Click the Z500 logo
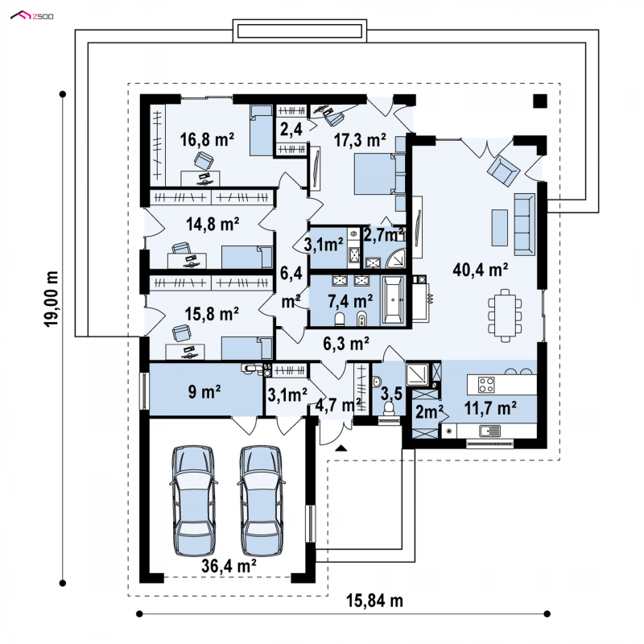click(x=31, y=16)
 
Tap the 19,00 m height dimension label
click(x=52, y=299)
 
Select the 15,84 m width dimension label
click(x=374, y=601)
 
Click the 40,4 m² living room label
click(x=480, y=270)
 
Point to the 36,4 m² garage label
click(x=229, y=566)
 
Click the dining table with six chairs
click(x=505, y=316)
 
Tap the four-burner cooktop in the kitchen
click(x=486, y=385)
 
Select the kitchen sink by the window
click(x=489, y=431)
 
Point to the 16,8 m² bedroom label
click(x=207, y=139)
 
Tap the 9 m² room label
click(x=204, y=391)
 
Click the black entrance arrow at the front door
click(x=341, y=448)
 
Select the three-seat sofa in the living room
click(x=525, y=225)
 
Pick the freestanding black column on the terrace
click(x=540, y=101)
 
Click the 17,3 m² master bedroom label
click(x=360, y=140)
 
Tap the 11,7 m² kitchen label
click(x=490, y=408)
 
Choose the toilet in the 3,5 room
click(x=388, y=408)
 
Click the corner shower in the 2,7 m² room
click(x=395, y=258)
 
